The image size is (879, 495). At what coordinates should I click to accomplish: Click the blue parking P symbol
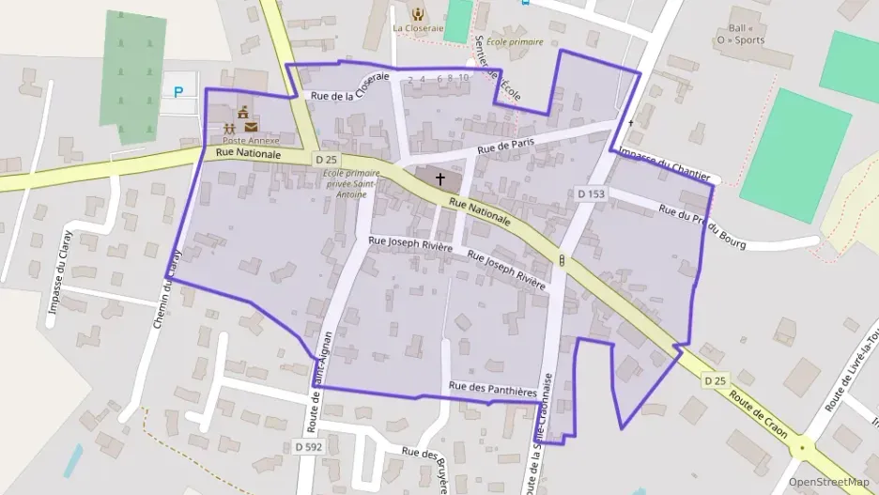click(x=178, y=92)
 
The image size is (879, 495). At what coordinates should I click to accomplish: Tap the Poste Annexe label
click(x=251, y=140)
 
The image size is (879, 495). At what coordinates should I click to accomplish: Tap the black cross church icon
click(x=439, y=178)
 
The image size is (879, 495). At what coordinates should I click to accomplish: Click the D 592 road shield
click(x=308, y=447)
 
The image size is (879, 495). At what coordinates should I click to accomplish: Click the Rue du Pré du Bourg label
click(x=702, y=227)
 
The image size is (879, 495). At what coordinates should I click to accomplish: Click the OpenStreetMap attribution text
click(x=829, y=482)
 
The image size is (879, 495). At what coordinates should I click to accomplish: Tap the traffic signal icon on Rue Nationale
click(x=561, y=259)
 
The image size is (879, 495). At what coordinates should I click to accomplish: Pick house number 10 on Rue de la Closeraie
click(x=464, y=78)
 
